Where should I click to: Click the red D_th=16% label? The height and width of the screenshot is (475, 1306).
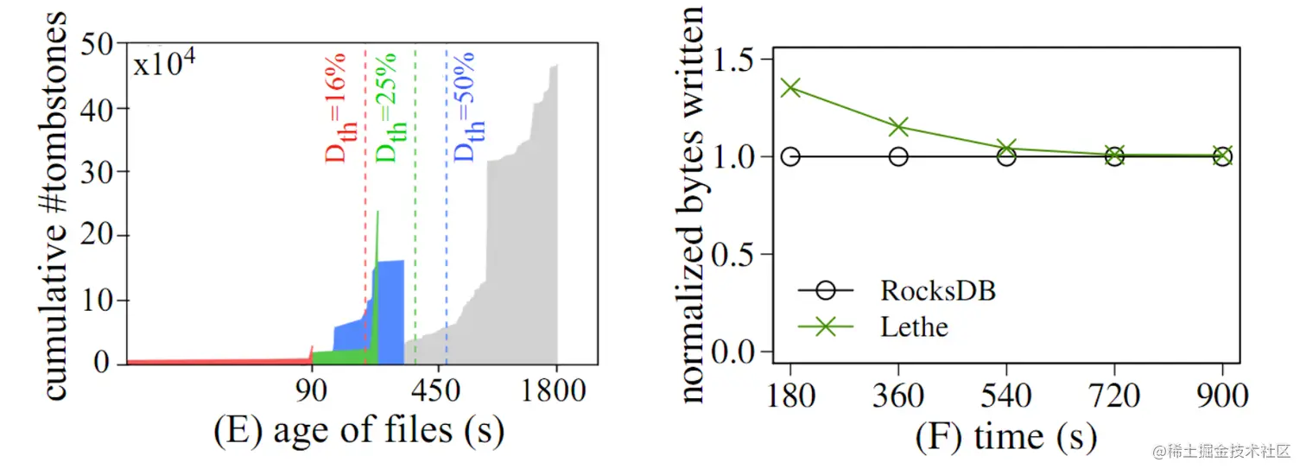click(335, 108)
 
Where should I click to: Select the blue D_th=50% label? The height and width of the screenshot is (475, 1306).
click(467, 108)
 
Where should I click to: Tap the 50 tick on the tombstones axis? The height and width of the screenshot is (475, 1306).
click(102, 44)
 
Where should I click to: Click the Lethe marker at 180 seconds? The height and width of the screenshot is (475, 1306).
click(790, 87)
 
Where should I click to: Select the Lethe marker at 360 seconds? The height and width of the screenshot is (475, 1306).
click(898, 128)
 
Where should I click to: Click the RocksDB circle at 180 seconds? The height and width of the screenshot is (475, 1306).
click(790, 156)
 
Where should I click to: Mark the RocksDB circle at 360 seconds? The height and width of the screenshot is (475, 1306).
click(898, 156)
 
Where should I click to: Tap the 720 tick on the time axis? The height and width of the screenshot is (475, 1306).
click(1114, 396)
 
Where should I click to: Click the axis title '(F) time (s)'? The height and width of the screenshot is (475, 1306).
click(1005, 437)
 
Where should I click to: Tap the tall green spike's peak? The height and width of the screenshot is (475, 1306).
click(377, 212)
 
